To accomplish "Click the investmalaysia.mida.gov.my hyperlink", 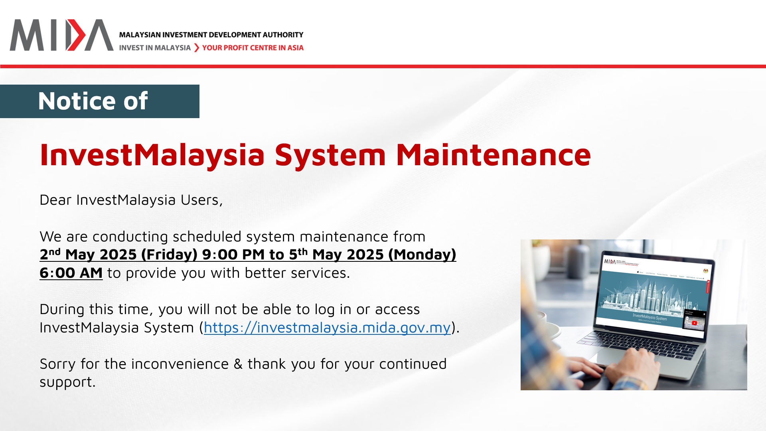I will tap(327, 328).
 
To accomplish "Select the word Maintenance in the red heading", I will tap(493, 155).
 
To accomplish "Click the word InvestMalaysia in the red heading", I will tap(152, 155).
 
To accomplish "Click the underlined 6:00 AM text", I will tap(71, 273).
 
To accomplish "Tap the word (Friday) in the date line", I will tap(169, 255).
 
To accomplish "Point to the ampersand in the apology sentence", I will tap(238, 364).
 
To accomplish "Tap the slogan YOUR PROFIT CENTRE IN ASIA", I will tap(253, 48).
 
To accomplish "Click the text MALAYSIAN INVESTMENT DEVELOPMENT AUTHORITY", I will tap(211, 35).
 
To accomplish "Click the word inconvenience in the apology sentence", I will tap(180, 364).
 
